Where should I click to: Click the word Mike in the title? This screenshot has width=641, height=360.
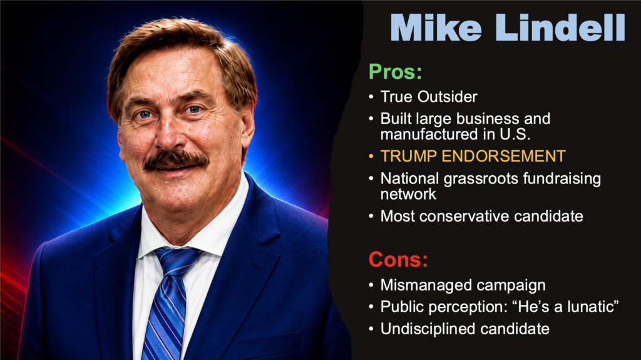click(436, 28)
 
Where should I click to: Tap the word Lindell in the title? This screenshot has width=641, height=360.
click(560, 28)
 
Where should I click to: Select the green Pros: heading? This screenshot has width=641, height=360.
click(396, 72)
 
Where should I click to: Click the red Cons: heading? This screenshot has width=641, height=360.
click(398, 259)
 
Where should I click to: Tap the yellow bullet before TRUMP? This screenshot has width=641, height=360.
click(371, 157)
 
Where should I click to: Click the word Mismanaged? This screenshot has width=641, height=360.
click(423, 285)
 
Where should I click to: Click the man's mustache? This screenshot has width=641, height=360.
click(176, 160)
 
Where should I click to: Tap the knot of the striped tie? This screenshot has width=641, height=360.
click(177, 262)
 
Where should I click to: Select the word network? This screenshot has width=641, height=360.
click(408, 194)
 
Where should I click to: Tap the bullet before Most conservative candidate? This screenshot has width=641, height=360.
click(371, 216)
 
